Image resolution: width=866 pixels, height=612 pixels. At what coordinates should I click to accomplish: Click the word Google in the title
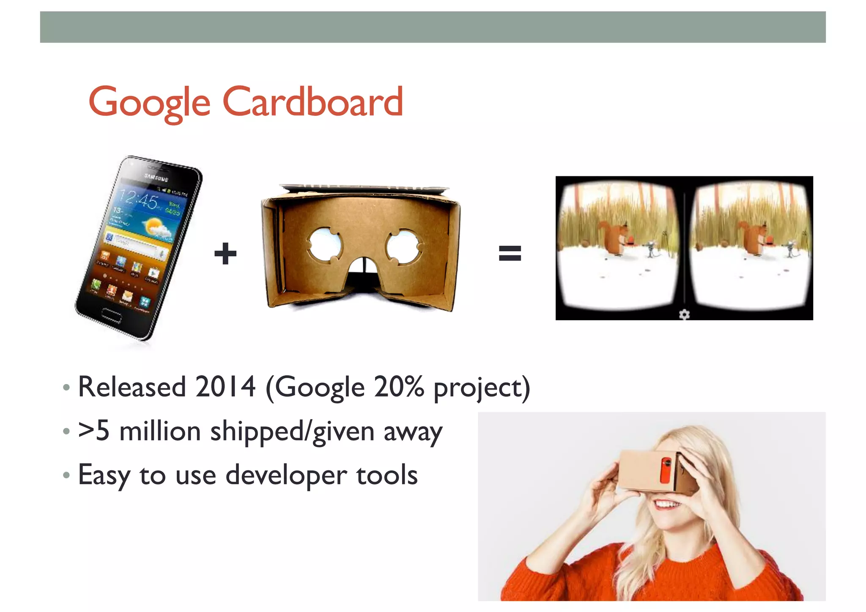(x=149, y=103)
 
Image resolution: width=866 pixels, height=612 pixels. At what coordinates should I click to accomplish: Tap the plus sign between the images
(x=225, y=253)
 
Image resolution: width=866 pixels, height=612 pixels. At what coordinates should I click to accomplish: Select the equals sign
(x=510, y=253)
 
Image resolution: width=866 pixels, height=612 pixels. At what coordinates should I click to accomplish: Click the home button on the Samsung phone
(x=111, y=315)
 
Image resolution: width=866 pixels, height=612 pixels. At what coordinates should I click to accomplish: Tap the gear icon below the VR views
(x=684, y=314)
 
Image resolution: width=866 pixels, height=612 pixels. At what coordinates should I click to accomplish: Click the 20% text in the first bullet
(x=398, y=387)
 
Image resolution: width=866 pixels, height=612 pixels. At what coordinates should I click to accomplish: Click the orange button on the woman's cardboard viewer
(x=666, y=470)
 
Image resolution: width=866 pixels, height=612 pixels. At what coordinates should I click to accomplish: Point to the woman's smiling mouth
(x=667, y=504)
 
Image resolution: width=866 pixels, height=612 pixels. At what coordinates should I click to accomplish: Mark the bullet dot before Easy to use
(x=66, y=475)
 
